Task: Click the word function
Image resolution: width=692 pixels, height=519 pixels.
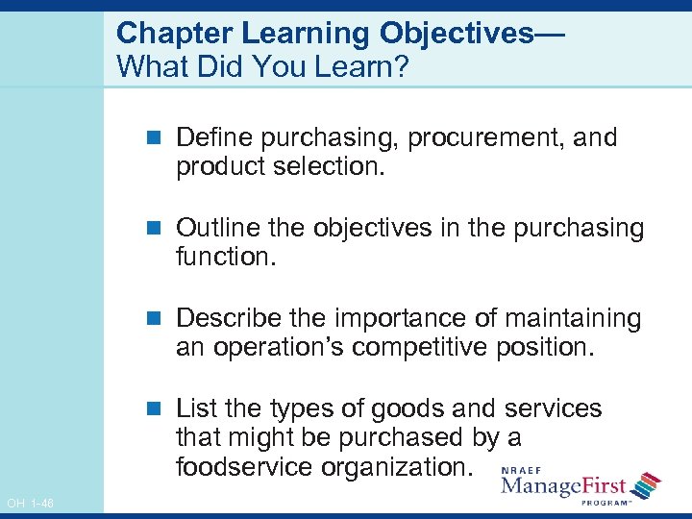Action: click(x=222, y=258)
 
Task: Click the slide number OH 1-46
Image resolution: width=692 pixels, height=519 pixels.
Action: click(x=30, y=503)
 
